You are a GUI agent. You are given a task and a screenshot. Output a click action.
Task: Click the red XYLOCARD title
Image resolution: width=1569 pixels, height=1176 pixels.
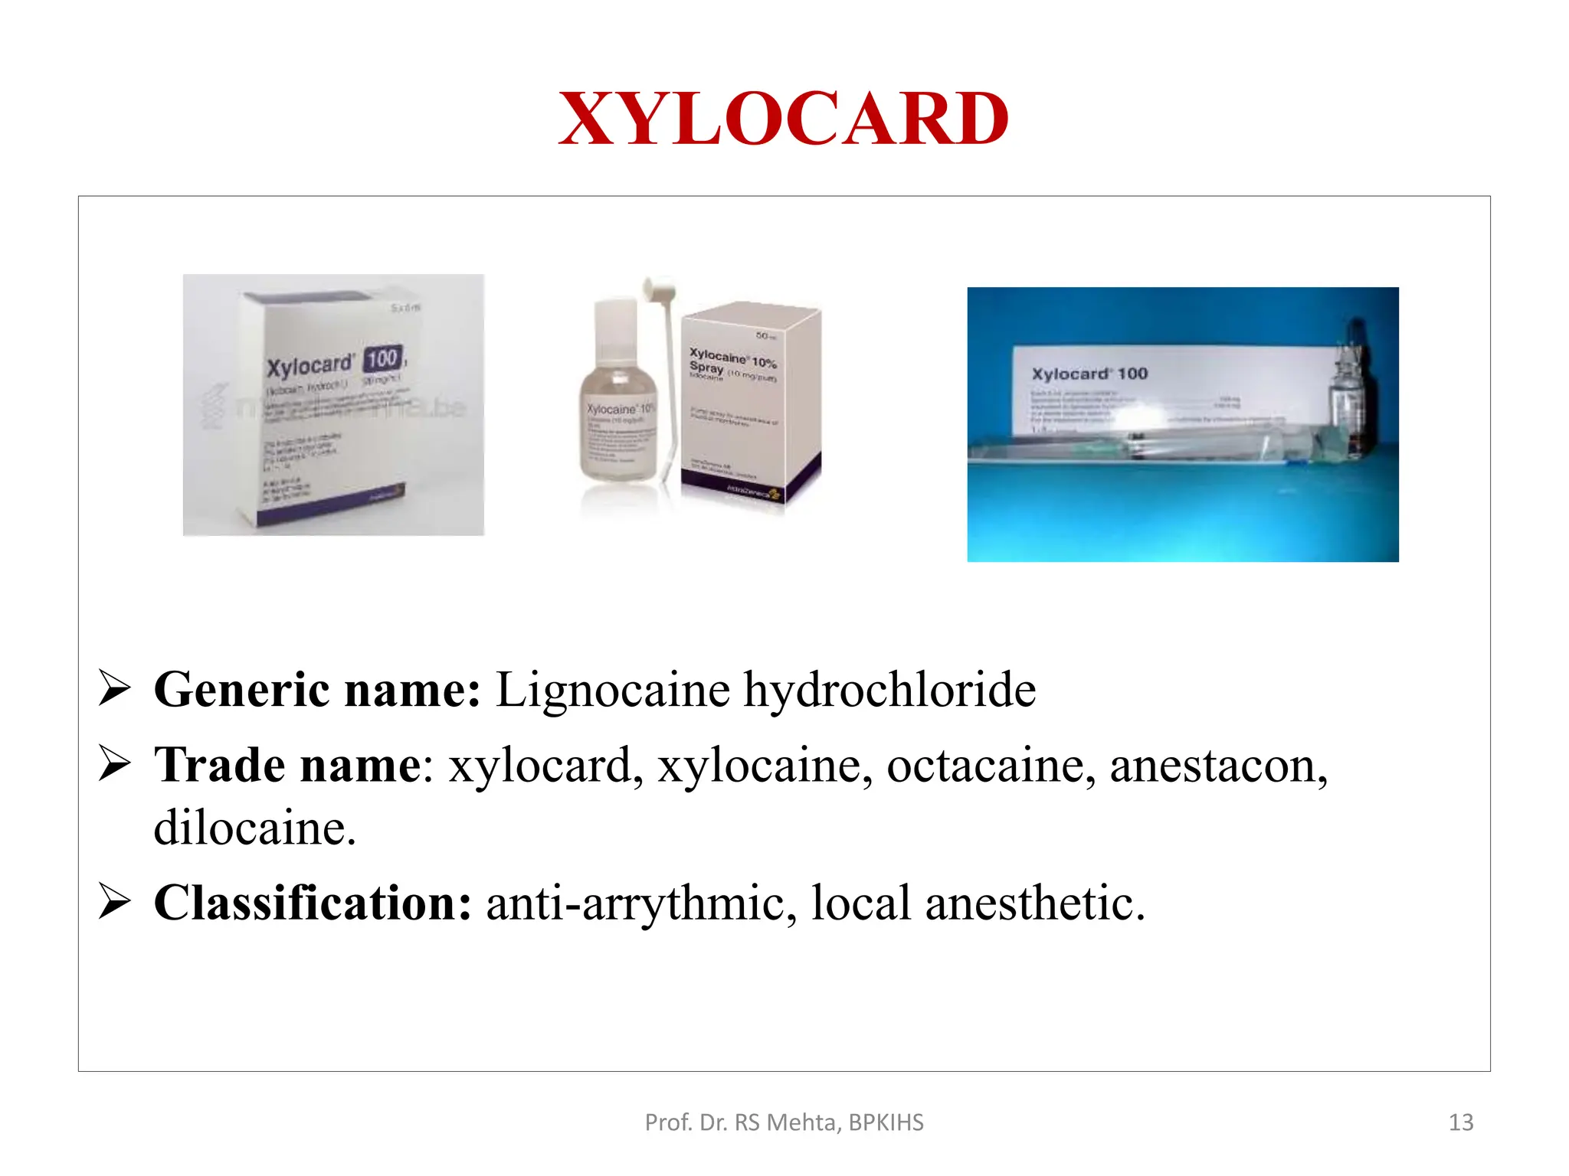pyautogui.click(x=784, y=119)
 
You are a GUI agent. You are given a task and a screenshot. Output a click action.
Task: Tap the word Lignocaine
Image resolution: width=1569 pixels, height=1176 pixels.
pyautogui.click(x=613, y=690)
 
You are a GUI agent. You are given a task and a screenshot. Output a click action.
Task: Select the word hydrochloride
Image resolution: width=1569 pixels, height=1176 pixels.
pyautogui.click(x=889, y=690)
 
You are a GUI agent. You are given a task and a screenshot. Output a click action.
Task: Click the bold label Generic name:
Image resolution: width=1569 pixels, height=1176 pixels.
pyautogui.click(x=317, y=690)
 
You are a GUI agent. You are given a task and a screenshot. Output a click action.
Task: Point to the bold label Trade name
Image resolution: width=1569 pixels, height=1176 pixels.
pyautogui.click(x=287, y=765)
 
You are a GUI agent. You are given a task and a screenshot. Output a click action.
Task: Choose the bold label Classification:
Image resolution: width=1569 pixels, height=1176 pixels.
pyautogui.click(x=313, y=903)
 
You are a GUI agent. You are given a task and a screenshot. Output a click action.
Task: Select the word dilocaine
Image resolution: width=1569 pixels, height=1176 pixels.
pyautogui.click(x=254, y=828)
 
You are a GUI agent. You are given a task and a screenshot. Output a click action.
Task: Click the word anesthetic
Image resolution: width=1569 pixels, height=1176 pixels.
pyautogui.click(x=1034, y=903)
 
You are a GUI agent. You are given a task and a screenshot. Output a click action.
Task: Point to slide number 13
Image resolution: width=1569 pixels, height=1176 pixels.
pyautogui.click(x=1461, y=1122)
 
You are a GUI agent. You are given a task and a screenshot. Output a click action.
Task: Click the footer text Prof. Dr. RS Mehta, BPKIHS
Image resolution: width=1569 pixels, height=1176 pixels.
pyautogui.click(x=784, y=1122)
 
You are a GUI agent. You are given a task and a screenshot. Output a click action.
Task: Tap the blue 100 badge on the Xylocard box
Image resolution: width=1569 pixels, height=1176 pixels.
pyautogui.click(x=382, y=358)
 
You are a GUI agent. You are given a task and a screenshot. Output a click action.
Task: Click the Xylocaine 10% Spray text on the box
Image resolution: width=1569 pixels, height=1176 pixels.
pyautogui.click(x=732, y=363)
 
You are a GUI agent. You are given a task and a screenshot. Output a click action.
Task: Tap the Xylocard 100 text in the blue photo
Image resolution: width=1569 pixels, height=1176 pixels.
pyautogui.click(x=1089, y=374)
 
